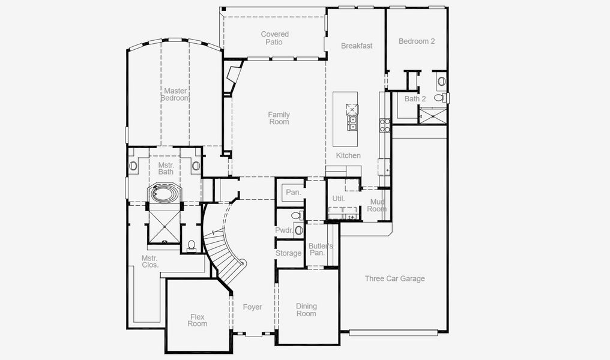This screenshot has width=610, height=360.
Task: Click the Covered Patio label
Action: [274, 38]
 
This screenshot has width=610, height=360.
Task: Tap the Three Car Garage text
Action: [394, 278]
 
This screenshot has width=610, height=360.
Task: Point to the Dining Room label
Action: [306, 310]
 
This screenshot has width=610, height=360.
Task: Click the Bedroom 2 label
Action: [417, 41]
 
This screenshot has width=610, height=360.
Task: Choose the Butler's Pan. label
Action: [321, 249]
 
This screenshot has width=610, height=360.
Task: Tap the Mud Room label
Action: [376, 205]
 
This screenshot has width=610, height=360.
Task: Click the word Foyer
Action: [252, 307]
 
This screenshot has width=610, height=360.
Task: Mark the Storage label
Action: [288, 253]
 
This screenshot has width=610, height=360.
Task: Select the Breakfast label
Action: [357, 46]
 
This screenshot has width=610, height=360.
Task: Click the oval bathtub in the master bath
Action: [166, 194]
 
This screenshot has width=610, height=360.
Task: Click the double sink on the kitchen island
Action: [352, 123]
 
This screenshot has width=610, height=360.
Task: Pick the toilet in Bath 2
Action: [439, 97]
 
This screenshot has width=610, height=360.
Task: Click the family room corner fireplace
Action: [231, 76]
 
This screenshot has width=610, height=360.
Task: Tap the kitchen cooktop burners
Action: [385, 125]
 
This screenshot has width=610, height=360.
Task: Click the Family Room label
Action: [279, 118]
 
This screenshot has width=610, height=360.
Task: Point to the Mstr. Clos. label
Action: [149, 261]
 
